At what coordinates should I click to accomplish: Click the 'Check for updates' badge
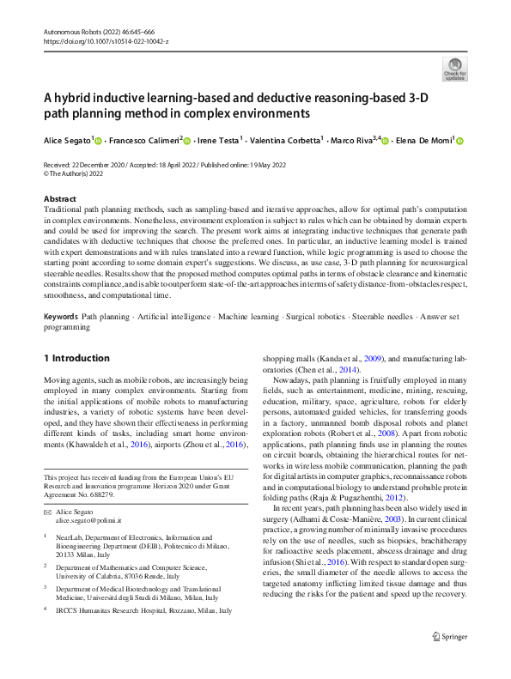pyautogui.click(x=454, y=69)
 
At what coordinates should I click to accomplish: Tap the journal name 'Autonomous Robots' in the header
pyautogui.click(x=74, y=30)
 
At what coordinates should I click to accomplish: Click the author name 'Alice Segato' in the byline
pyautogui.click(x=66, y=140)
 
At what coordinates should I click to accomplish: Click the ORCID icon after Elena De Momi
pyautogui.click(x=459, y=140)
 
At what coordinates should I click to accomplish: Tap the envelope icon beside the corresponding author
pyautogui.click(x=47, y=511)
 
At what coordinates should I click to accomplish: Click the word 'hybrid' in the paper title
pyautogui.click(x=76, y=98)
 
